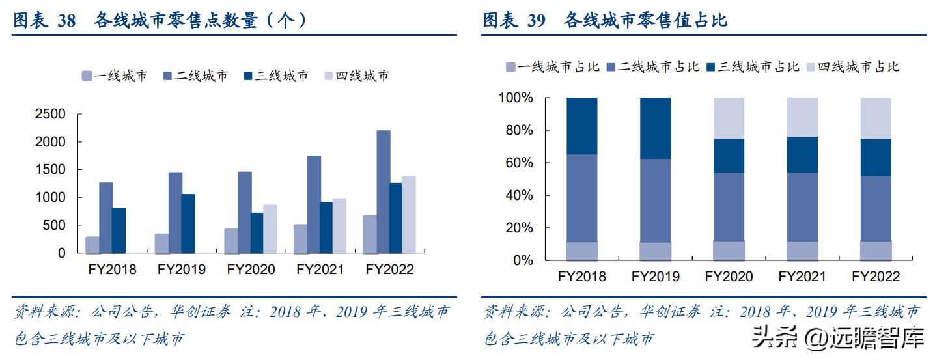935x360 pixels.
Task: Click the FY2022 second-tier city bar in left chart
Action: [x=384, y=191]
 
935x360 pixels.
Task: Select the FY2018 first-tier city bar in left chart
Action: [x=92, y=245]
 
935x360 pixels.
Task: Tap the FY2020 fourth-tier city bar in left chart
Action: [x=270, y=228]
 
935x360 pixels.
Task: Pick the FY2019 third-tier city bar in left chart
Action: [x=188, y=223]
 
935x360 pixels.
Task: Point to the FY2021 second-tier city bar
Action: [x=314, y=204]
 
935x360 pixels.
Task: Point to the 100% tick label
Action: [x=515, y=98]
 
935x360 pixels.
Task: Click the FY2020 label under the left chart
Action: [x=251, y=270]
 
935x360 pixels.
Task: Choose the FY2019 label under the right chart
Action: [x=655, y=277]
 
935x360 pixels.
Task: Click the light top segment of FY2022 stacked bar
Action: [x=876, y=118]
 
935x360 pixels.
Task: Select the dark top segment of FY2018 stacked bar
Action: [x=581, y=126]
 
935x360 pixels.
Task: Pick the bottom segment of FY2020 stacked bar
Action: [x=729, y=251]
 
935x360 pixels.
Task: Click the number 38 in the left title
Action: [x=66, y=21]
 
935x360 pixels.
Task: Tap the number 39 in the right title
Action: [x=536, y=21]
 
